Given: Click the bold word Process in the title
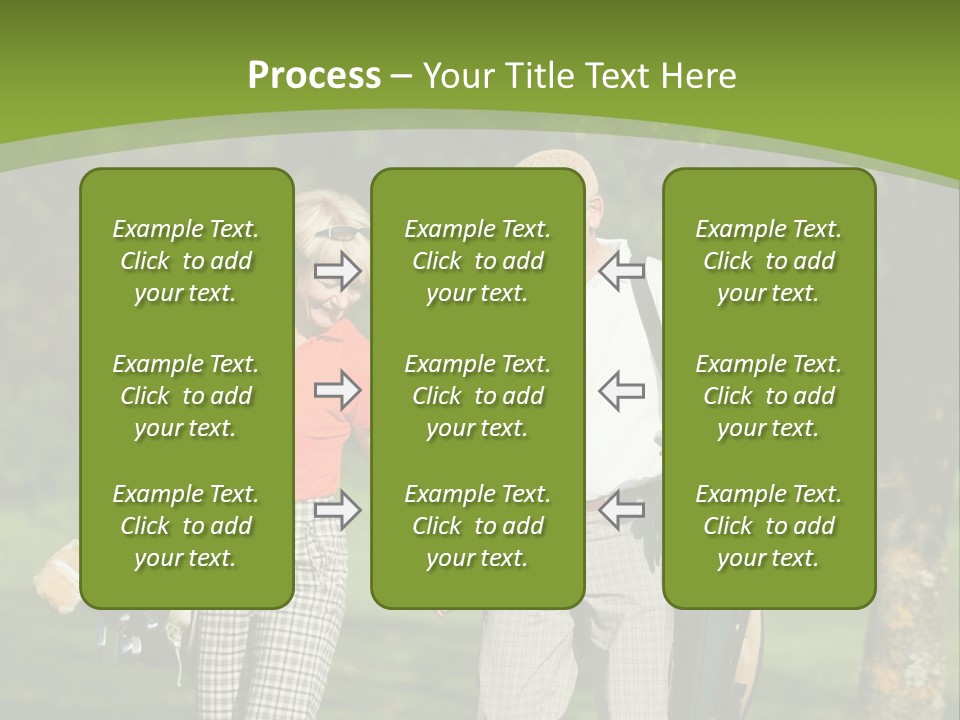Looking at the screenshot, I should tap(314, 76).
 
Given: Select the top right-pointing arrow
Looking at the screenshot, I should tap(337, 270).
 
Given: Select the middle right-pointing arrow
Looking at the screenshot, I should tap(337, 390).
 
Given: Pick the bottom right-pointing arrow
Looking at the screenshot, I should tap(337, 510).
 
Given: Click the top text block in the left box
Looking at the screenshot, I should tap(186, 261).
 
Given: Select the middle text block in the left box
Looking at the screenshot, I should tap(186, 396).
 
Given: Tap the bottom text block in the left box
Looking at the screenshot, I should tap(186, 526).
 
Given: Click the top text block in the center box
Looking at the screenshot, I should tap(477, 261).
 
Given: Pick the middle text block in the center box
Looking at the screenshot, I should tap(477, 396).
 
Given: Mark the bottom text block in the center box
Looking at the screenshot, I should tap(477, 526).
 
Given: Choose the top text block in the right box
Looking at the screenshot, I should tap(769, 261).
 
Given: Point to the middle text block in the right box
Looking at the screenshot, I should tap(769, 396).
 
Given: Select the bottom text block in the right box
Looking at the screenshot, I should tap(769, 526).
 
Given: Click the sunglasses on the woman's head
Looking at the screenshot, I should tap(340, 233).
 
